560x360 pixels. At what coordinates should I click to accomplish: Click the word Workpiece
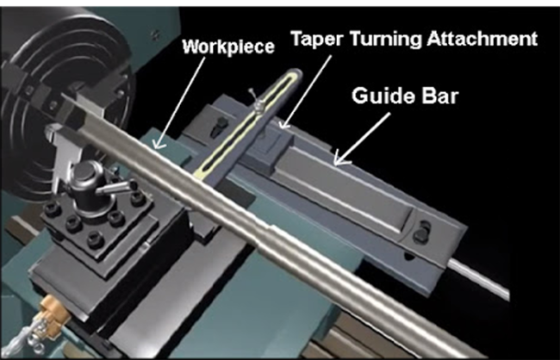pos(228,47)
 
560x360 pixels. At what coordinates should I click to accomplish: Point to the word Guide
pos(383,96)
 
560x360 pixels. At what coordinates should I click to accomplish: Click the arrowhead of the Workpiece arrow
pos(159,144)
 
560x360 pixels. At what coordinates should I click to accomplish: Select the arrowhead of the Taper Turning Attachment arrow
pos(284,123)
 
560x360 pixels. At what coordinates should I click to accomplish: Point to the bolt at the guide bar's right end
pos(421,232)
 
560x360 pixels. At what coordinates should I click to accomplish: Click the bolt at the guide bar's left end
pos(220,126)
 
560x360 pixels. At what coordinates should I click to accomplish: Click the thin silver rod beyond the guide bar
pos(478,278)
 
